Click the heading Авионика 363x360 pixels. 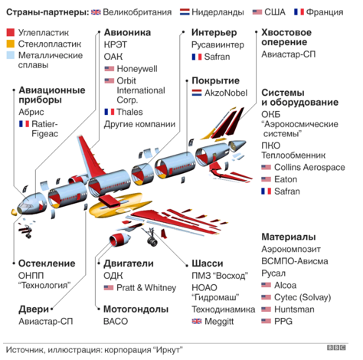coord(127,33)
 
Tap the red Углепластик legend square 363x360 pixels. coord(11,32)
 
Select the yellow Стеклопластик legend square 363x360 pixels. coord(11,44)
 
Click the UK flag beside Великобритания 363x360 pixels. coord(96,12)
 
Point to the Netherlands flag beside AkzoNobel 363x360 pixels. coord(197,93)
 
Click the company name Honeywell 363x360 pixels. coord(137,69)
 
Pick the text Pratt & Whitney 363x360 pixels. coord(146,288)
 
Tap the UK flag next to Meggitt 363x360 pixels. coord(197,321)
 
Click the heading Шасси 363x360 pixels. coord(208,263)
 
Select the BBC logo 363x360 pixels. coord(336,348)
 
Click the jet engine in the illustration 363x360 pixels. coord(119,239)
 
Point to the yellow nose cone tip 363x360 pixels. coord(14,211)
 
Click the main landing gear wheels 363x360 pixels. coord(152,241)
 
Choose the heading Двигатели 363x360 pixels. coord(129,263)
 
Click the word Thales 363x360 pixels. coord(129,112)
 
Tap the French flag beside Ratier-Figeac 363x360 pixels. coord(24,124)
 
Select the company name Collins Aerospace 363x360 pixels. coord(309,167)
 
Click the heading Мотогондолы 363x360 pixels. coord(136,309)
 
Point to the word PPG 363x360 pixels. coord(283,321)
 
